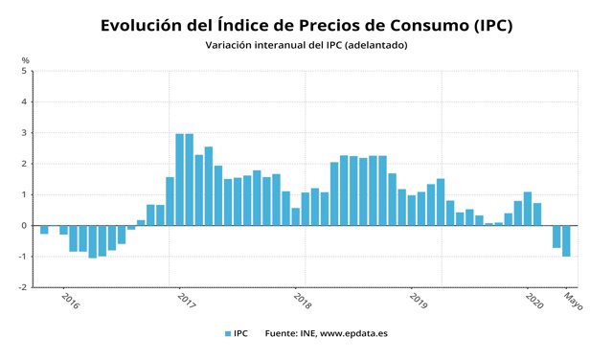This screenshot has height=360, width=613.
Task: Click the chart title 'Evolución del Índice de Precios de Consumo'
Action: click(306, 26)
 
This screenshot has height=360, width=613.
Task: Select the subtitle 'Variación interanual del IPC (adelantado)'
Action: click(306, 45)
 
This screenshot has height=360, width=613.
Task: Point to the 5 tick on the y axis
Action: click(25, 71)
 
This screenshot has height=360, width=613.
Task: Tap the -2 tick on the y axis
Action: click(24, 287)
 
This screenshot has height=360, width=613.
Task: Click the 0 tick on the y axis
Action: click(25, 226)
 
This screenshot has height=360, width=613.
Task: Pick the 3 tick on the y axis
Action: click(25, 133)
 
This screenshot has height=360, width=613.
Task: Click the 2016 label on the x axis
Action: click(70, 300)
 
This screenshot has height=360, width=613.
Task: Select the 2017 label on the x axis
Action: click(186, 300)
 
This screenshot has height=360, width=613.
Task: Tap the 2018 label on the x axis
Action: click(301, 300)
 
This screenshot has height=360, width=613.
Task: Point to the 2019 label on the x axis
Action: click(418, 300)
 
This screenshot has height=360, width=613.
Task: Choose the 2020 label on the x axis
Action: click(534, 300)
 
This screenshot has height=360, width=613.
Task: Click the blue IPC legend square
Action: click(228, 333)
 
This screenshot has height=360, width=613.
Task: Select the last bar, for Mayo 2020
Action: click(566, 241)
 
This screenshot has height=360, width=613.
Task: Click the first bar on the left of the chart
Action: click(44, 230)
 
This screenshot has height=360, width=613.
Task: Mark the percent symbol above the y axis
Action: click(25, 60)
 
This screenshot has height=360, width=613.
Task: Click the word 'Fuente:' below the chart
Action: click(284, 333)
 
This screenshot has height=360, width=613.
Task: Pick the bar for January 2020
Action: click(528, 209)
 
